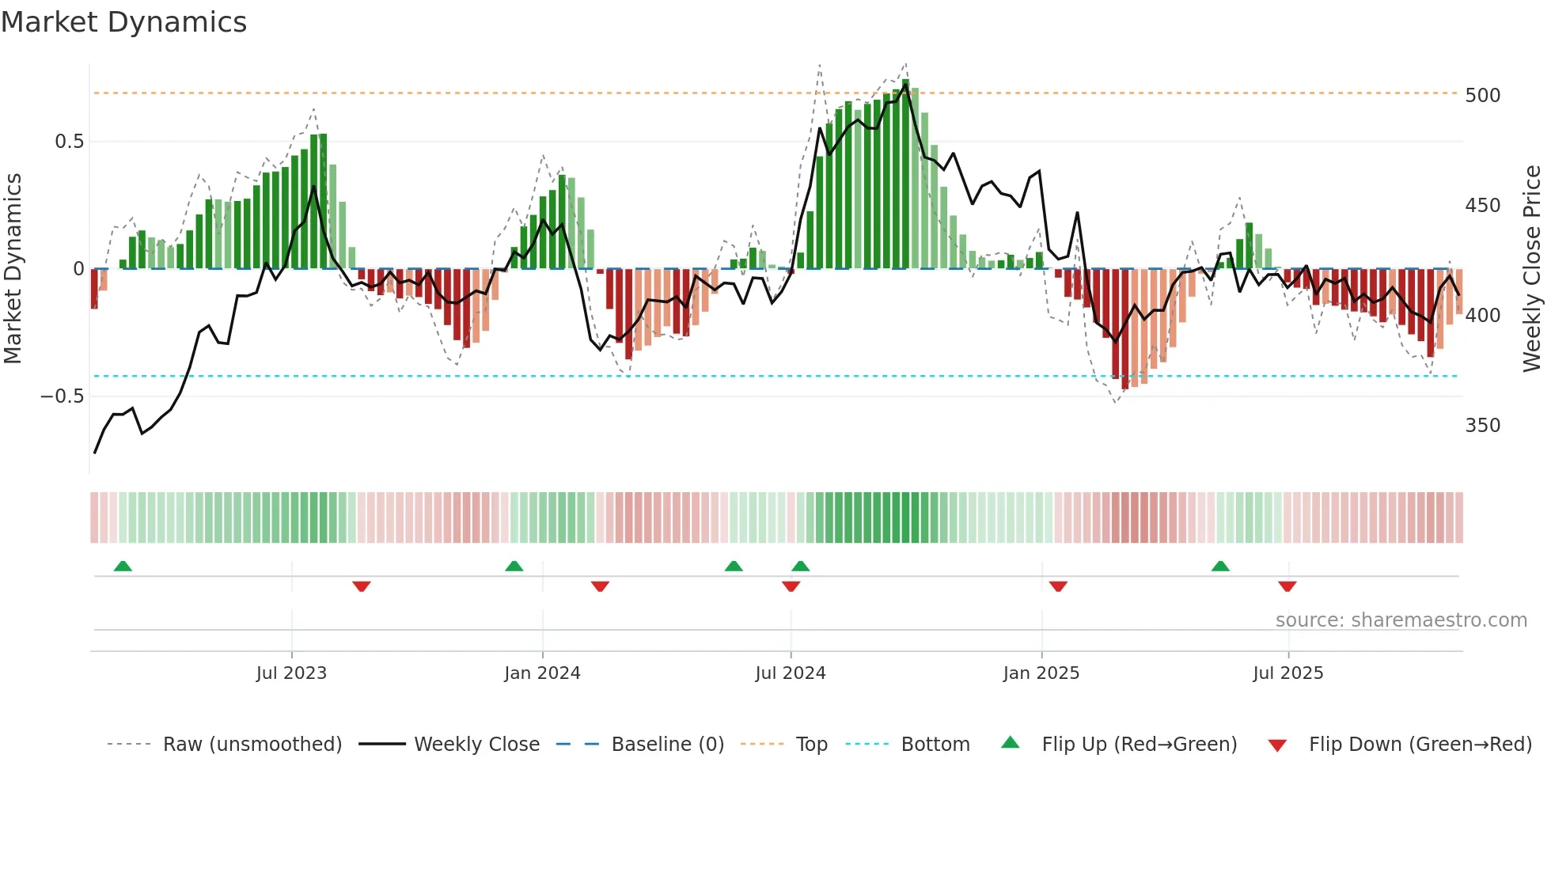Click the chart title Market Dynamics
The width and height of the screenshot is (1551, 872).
[124, 22]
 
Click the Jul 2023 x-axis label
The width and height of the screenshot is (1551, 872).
[291, 673]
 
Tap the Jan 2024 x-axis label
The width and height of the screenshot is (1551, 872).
[542, 673]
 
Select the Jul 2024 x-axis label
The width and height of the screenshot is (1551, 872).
[791, 673]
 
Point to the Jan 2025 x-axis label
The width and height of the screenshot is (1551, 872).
[1041, 673]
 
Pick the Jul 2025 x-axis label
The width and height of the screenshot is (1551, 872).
[1288, 673]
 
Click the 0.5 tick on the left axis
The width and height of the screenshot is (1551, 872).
[69, 142]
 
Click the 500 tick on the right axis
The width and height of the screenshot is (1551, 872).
[1482, 96]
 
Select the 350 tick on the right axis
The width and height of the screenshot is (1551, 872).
[1482, 426]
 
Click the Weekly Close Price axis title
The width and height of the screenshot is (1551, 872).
[1532, 269]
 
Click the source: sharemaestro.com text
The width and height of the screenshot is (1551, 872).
[1401, 620]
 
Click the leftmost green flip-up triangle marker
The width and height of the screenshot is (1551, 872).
[123, 566]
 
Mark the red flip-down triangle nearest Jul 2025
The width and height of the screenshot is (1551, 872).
[1287, 586]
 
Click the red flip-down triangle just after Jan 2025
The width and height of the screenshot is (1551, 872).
[1058, 586]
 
